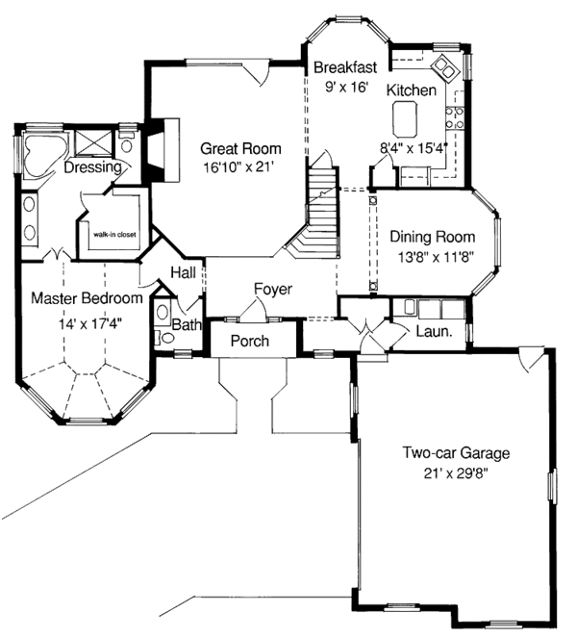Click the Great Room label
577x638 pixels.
[x=240, y=148]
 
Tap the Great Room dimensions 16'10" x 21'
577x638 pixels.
[x=240, y=166]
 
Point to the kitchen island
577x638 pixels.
[x=406, y=120]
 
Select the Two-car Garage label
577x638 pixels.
[x=456, y=452]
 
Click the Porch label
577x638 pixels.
[x=249, y=342]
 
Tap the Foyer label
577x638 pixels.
[x=273, y=289]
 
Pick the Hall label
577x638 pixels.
[x=183, y=273]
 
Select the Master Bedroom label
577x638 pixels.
[x=86, y=298]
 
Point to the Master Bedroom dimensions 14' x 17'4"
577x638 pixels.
[x=86, y=324]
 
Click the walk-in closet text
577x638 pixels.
[x=113, y=233]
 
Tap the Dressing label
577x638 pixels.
[x=92, y=167]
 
